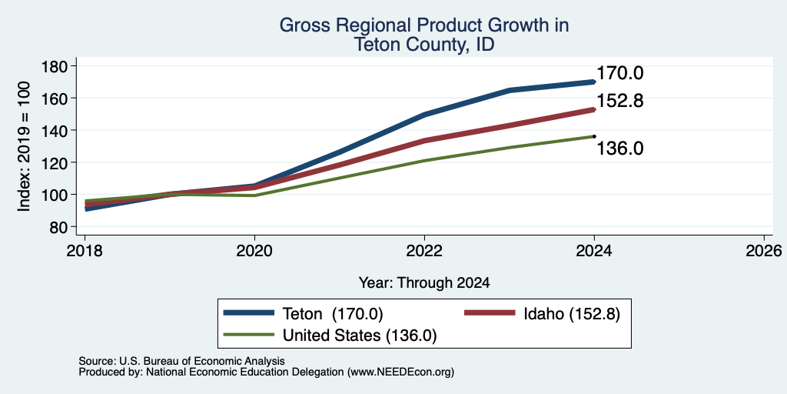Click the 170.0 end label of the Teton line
pyautogui.click(x=620, y=73)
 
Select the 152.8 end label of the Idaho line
pyautogui.click(x=620, y=101)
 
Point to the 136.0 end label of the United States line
pyautogui.click(x=620, y=149)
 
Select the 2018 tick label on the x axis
pyautogui.click(x=85, y=250)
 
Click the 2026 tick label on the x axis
pyautogui.click(x=764, y=250)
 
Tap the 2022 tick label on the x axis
pyautogui.click(x=424, y=250)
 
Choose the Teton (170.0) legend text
pyautogui.click(x=334, y=314)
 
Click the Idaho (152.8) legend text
pyautogui.click(x=572, y=314)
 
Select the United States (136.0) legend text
pyautogui.click(x=360, y=336)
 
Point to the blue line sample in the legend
pyautogui.click(x=250, y=313)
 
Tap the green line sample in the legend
pyautogui.click(x=250, y=335)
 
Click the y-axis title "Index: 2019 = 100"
pyautogui.click(x=24, y=146)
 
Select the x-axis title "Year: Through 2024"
pyautogui.click(x=424, y=283)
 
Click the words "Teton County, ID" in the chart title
pyautogui.click(x=424, y=45)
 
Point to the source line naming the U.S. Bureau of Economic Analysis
pyautogui.click(x=181, y=361)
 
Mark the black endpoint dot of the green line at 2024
pyautogui.click(x=594, y=136)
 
